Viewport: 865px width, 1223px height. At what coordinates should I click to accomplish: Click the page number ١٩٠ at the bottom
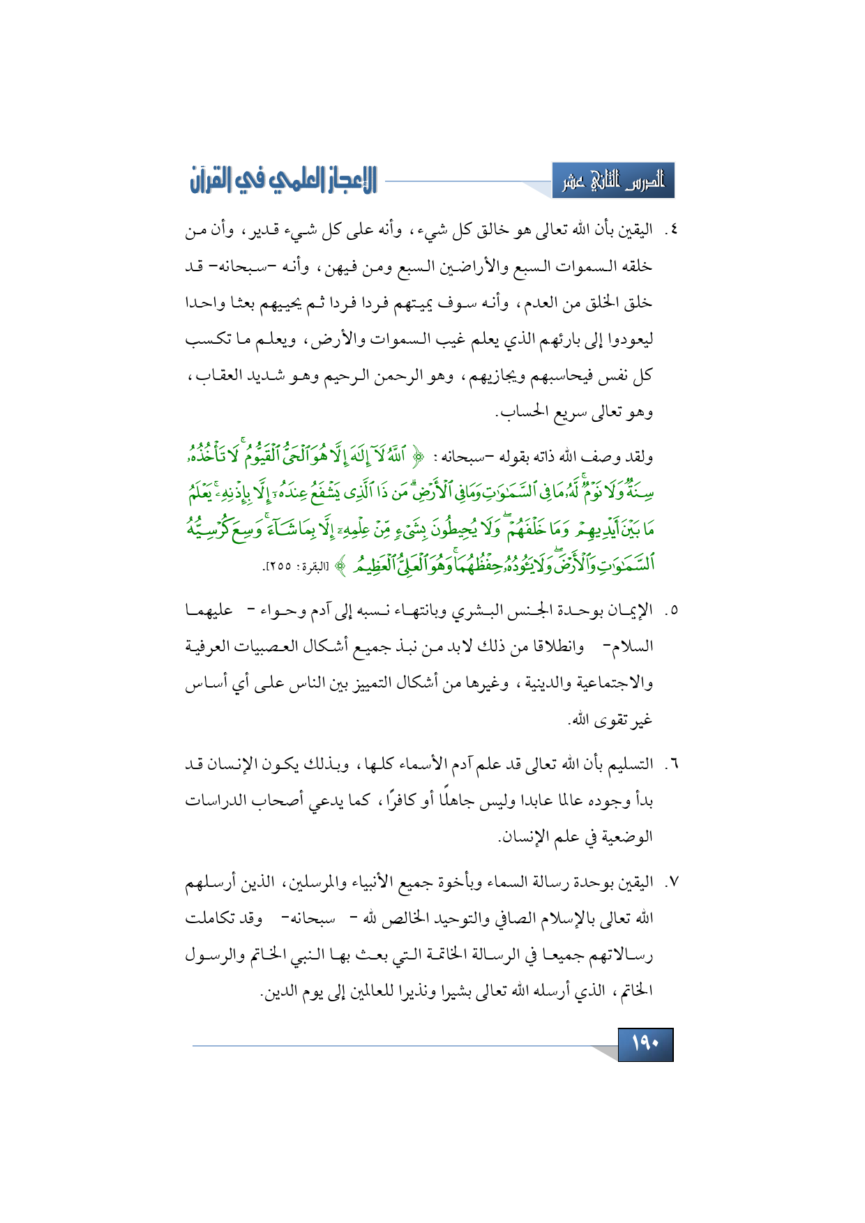645,1044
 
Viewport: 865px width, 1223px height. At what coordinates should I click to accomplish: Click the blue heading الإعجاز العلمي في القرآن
283,180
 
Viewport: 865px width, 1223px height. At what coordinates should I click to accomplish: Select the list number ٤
670,230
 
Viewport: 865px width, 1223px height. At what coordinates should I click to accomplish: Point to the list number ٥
670,611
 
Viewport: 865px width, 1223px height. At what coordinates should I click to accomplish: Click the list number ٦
670,765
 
